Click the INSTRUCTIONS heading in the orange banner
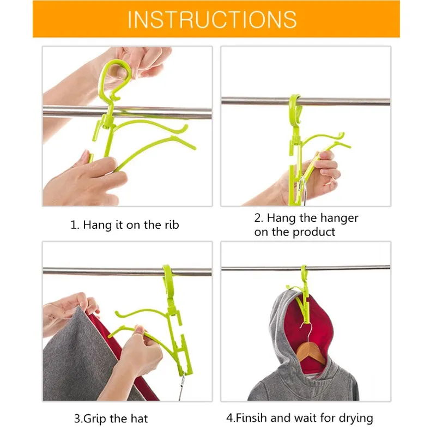[x=212, y=19]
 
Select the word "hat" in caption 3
[x=138, y=419]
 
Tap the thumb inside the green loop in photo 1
[x=120, y=72]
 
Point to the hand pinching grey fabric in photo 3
[x=70, y=311]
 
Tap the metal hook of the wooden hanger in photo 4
[x=307, y=334]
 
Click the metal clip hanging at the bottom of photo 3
[x=182, y=386]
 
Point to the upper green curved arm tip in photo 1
[x=185, y=128]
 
